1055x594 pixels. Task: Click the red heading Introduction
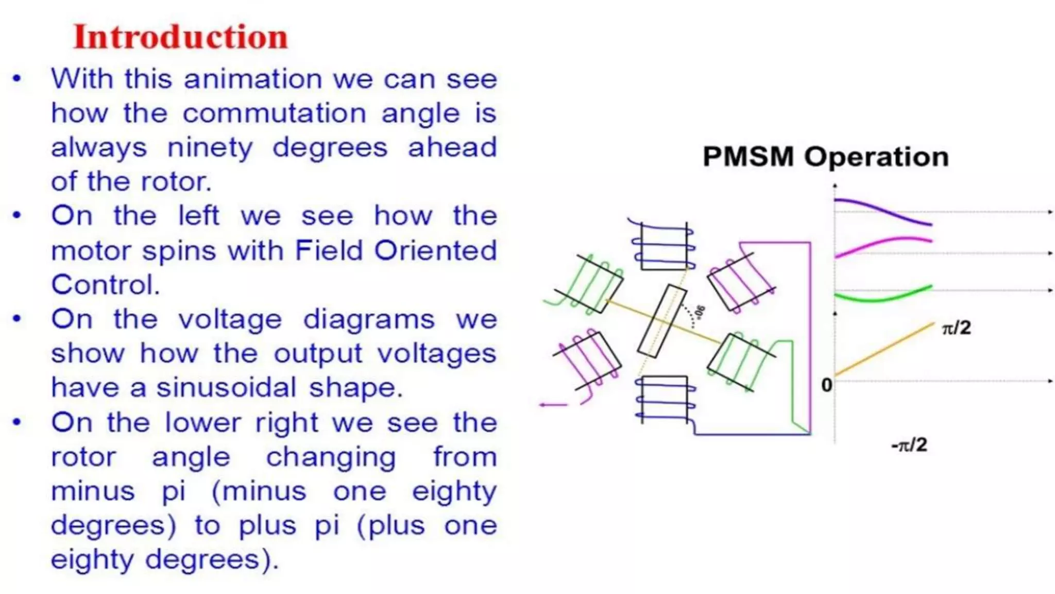pyautogui.click(x=180, y=37)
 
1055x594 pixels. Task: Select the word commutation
pyautogui.click(x=275, y=113)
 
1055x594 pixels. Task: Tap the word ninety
pyautogui.click(x=210, y=148)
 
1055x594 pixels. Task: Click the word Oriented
pyautogui.click(x=435, y=251)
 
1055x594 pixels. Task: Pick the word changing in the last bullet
pyautogui.click(x=331, y=457)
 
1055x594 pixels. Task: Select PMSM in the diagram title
pyautogui.click(x=748, y=157)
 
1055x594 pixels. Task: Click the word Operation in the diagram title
pyautogui.click(x=876, y=157)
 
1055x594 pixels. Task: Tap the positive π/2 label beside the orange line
pyautogui.click(x=956, y=328)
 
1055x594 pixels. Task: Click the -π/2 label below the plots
pyautogui.click(x=909, y=444)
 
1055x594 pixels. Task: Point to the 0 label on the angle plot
pyautogui.click(x=826, y=385)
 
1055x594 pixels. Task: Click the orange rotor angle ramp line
pyautogui.click(x=884, y=349)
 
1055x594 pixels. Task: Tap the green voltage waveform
pyautogui.click(x=884, y=298)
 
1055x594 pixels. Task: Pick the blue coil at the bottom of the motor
pyautogui.click(x=665, y=399)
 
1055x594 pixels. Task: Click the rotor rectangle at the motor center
pyautogui.click(x=662, y=321)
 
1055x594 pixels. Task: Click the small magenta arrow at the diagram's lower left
pyautogui.click(x=553, y=405)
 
